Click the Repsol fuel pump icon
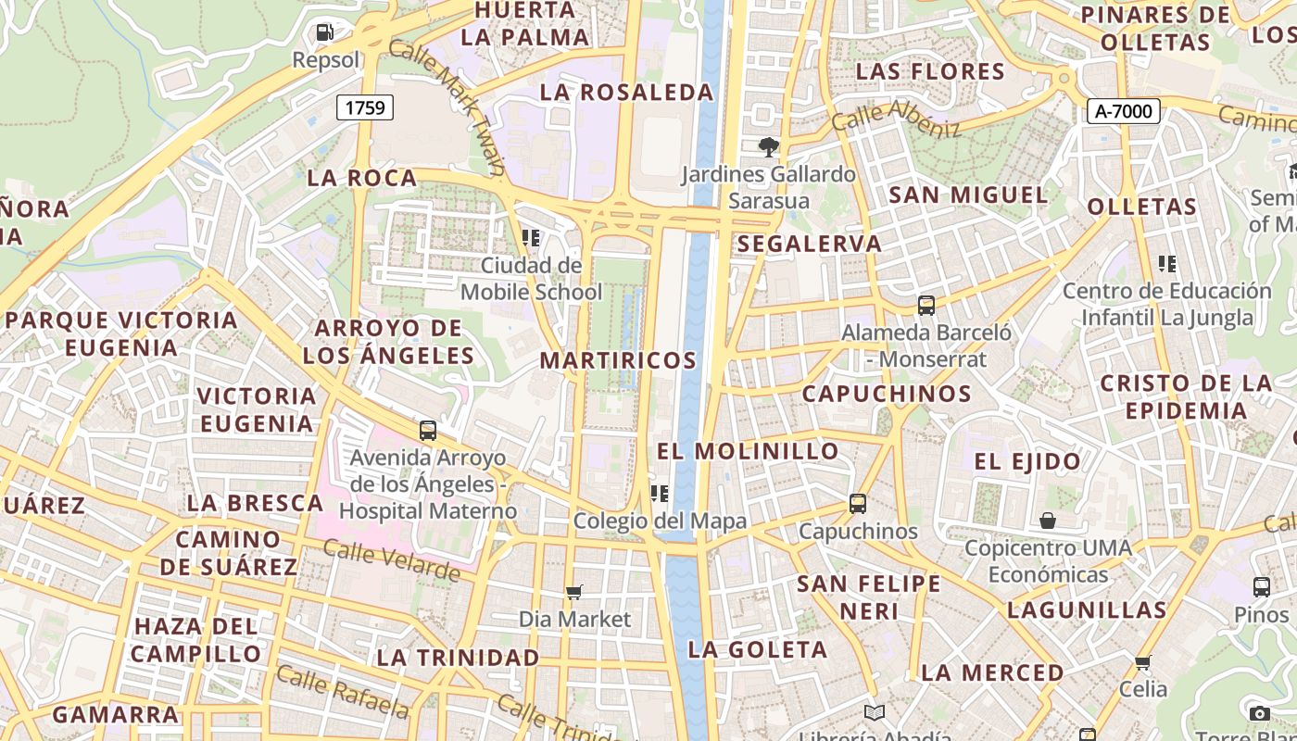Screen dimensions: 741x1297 324,32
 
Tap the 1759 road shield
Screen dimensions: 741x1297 364,107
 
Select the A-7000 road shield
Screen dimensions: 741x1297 1123,111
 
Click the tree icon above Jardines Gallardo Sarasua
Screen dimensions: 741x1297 768,146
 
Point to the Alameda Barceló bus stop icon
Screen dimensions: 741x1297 926,305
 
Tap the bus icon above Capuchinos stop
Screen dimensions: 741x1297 858,504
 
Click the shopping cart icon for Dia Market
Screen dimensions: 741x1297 574,592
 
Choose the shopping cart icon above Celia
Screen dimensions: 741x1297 1143,662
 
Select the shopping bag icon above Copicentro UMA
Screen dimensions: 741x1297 1048,521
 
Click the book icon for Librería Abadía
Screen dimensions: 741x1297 875,712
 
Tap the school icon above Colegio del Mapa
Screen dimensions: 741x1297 660,494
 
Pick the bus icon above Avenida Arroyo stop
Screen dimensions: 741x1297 427,431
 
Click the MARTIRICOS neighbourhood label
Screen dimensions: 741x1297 618,360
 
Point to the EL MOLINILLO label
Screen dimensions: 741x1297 748,451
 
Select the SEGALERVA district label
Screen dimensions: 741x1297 810,244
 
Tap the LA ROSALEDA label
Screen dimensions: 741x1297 626,93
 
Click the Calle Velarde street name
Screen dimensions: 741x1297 391,560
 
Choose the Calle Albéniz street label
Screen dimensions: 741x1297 896,119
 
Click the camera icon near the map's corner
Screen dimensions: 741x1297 1259,713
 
